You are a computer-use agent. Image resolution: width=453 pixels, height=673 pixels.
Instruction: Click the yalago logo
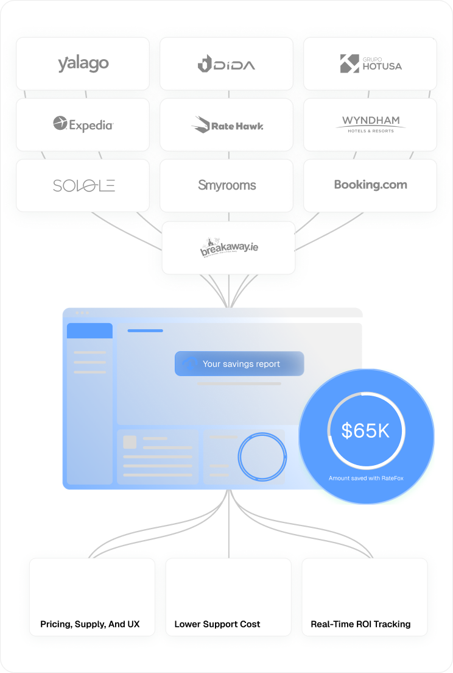click(x=83, y=63)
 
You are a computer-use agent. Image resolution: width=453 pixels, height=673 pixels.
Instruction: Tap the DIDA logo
click(x=226, y=63)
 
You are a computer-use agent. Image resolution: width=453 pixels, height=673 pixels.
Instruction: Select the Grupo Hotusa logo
click(x=370, y=63)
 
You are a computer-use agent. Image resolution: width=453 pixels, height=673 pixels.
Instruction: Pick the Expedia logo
click(x=83, y=124)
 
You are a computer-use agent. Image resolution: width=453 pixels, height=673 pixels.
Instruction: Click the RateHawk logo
click(x=226, y=125)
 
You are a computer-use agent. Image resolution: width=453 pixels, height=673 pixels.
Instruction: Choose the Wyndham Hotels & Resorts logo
click(x=370, y=124)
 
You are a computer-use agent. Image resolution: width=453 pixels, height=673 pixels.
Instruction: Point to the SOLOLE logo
click(x=83, y=185)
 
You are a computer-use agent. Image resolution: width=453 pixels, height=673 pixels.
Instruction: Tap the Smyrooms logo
click(x=226, y=185)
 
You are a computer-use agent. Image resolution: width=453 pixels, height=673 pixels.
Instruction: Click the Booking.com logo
click(x=370, y=185)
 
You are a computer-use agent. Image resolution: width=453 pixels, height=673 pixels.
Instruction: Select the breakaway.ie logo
click(x=228, y=247)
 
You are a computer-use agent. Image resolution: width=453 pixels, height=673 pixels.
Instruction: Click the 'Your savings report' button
click(x=239, y=364)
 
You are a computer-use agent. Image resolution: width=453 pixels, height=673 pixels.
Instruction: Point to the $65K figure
click(x=365, y=431)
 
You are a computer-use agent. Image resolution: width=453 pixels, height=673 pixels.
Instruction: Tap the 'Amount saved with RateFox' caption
click(x=366, y=479)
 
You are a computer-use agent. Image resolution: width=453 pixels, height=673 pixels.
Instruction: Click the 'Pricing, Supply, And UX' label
click(x=90, y=624)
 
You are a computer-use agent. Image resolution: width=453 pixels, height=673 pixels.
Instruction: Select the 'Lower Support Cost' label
click(x=217, y=624)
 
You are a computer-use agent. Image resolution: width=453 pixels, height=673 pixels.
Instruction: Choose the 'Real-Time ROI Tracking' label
click(x=360, y=624)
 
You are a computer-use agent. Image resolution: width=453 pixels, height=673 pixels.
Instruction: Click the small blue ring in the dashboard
click(x=262, y=455)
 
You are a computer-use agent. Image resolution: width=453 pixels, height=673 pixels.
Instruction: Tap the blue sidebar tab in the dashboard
click(x=90, y=331)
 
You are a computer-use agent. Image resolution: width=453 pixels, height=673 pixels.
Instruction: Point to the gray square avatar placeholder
click(x=130, y=442)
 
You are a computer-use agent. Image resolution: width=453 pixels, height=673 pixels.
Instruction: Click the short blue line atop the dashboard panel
click(x=145, y=330)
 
